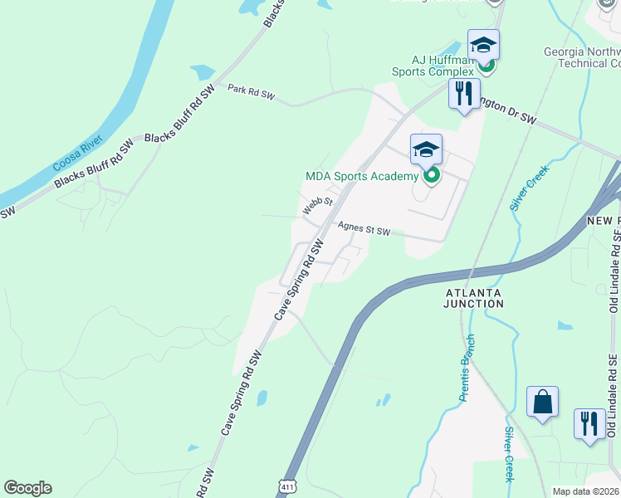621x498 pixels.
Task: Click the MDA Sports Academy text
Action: (x=361, y=176)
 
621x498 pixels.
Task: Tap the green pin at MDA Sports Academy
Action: (x=431, y=175)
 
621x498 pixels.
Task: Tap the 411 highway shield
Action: (x=286, y=484)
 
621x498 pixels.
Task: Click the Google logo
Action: (x=27, y=488)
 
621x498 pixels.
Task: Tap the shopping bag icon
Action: (x=542, y=402)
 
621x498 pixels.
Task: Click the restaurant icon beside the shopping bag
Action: (x=589, y=423)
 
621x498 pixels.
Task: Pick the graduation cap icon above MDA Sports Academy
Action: (x=425, y=149)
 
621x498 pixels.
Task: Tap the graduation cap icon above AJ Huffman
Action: (x=483, y=43)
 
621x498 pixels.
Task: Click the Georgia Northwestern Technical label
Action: (x=581, y=56)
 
